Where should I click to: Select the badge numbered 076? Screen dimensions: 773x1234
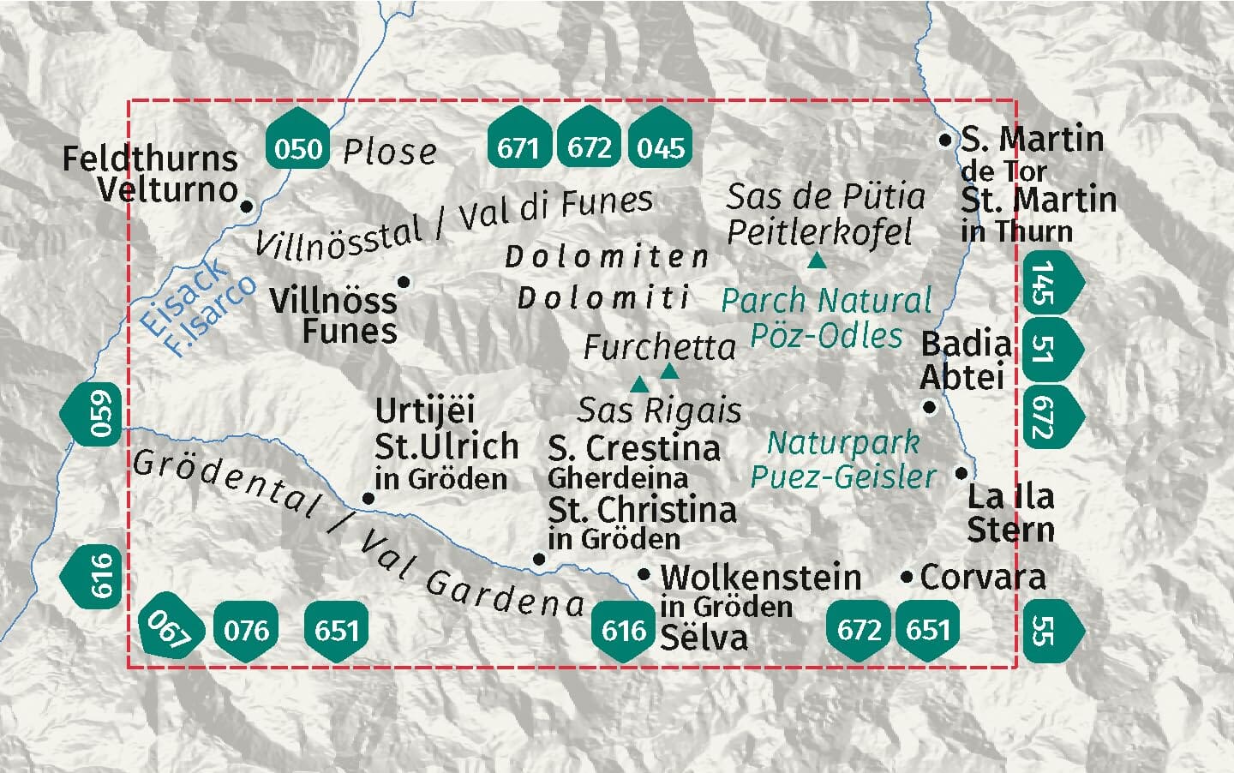coord(246,631)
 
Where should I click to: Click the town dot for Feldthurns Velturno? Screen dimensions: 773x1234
coord(247,206)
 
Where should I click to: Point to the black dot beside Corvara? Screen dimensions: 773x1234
coord(907,578)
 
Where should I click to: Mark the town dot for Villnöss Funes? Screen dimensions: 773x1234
coord(404,281)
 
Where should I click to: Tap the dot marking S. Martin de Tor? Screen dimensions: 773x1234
coord(945,139)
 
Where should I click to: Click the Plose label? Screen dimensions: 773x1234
coord(389,152)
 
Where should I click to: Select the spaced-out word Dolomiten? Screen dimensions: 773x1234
coord(607,255)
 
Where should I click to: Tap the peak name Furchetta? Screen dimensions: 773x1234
coord(659,347)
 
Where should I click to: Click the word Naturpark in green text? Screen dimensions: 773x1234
coord(842,443)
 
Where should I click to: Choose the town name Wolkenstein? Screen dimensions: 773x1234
coord(760,577)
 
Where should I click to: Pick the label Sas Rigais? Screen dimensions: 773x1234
coord(659,410)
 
